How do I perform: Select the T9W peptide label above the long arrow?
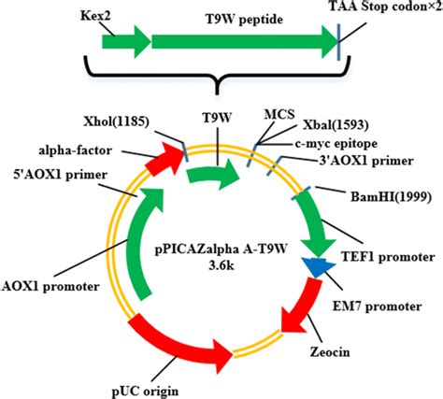pyautogui.click(x=241, y=18)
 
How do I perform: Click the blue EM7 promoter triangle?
pyautogui.click(x=317, y=269)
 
